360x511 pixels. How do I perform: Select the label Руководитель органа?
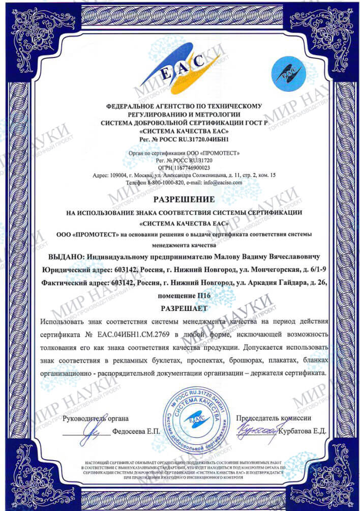coord(96,418)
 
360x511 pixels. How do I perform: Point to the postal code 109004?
coord(119,175)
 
